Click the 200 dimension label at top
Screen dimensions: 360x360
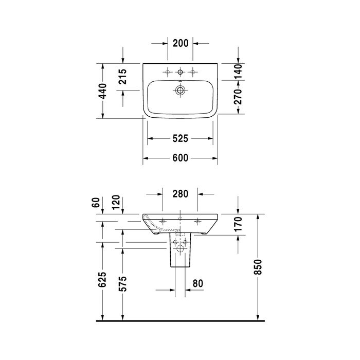point(181,43)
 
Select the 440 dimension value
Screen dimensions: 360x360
point(103,91)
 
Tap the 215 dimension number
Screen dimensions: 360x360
point(122,77)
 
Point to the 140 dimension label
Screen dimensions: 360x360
point(238,71)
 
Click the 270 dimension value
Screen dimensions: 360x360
point(238,97)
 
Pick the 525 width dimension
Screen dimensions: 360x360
point(180,138)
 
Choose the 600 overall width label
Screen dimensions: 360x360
point(180,158)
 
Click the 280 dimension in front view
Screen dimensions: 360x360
point(181,194)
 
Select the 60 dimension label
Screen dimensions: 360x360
point(96,202)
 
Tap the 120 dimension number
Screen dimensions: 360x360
point(116,202)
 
